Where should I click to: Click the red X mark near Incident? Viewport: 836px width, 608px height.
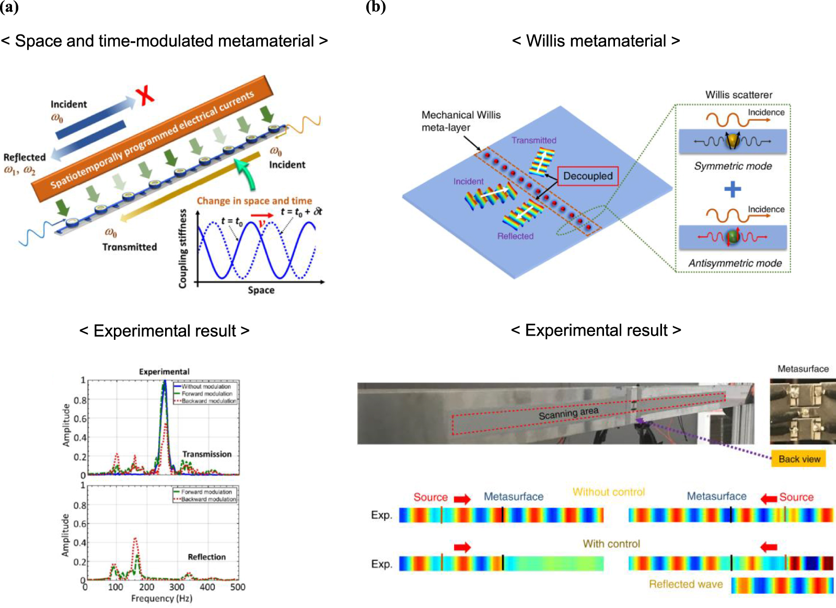click(145, 96)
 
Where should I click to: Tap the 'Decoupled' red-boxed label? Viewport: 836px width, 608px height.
click(588, 176)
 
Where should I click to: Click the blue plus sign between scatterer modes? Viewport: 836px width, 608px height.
click(733, 189)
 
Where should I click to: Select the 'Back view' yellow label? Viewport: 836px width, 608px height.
click(799, 459)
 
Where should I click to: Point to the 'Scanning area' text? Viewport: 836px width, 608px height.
click(568, 414)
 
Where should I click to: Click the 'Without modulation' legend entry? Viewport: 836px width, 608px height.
click(206, 387)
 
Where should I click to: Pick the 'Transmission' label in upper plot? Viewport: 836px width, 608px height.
click(207, 454)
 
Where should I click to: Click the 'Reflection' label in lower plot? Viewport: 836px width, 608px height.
click(207, 557)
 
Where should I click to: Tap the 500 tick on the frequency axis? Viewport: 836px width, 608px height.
click(238, 587)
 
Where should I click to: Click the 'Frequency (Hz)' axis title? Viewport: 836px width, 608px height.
click(161, 599)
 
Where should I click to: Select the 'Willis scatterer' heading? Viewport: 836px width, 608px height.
click(738, 95)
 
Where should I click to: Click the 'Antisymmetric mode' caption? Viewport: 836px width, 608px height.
click(735, 263)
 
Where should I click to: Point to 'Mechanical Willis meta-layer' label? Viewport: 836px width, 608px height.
click(461, 121)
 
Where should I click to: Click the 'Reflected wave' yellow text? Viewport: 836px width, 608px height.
click(686, 584)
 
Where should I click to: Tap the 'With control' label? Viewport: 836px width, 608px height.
click(611, 544)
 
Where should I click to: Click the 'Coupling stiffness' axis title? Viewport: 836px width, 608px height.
click(182, 248)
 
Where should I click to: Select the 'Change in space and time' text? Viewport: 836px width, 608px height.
click(254, 201)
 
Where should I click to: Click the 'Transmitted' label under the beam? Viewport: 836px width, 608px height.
click(130, 247)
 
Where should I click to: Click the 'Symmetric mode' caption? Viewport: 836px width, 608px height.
click(733, 166)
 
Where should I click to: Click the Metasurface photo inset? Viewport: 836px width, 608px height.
click(802, 411)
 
